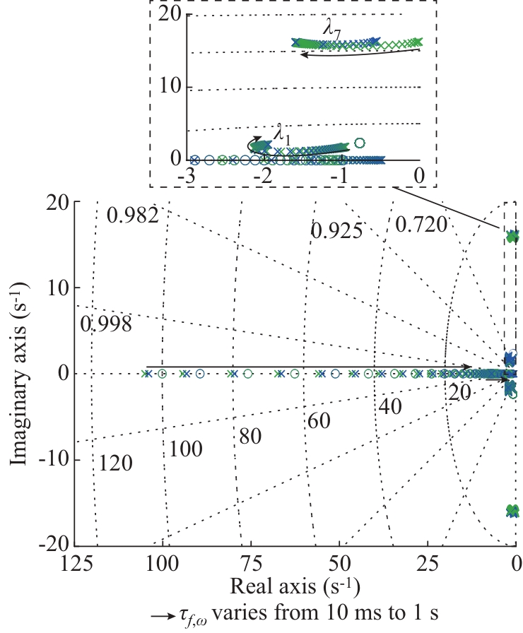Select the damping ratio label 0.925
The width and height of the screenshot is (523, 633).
336,230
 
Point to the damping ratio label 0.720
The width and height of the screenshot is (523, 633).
421,225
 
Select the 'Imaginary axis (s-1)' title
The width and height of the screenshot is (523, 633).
19,372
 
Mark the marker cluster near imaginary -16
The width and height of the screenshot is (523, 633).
512,511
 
